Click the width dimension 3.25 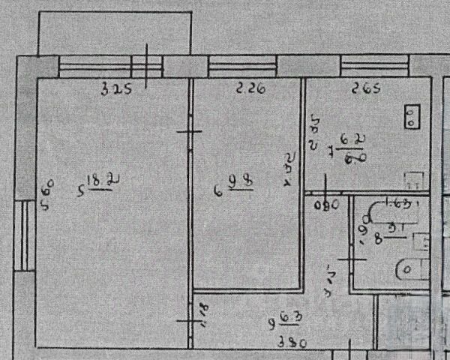[x=117, y=91]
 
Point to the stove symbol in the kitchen [x=412, y=116]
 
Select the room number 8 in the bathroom [x=378, y=241]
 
